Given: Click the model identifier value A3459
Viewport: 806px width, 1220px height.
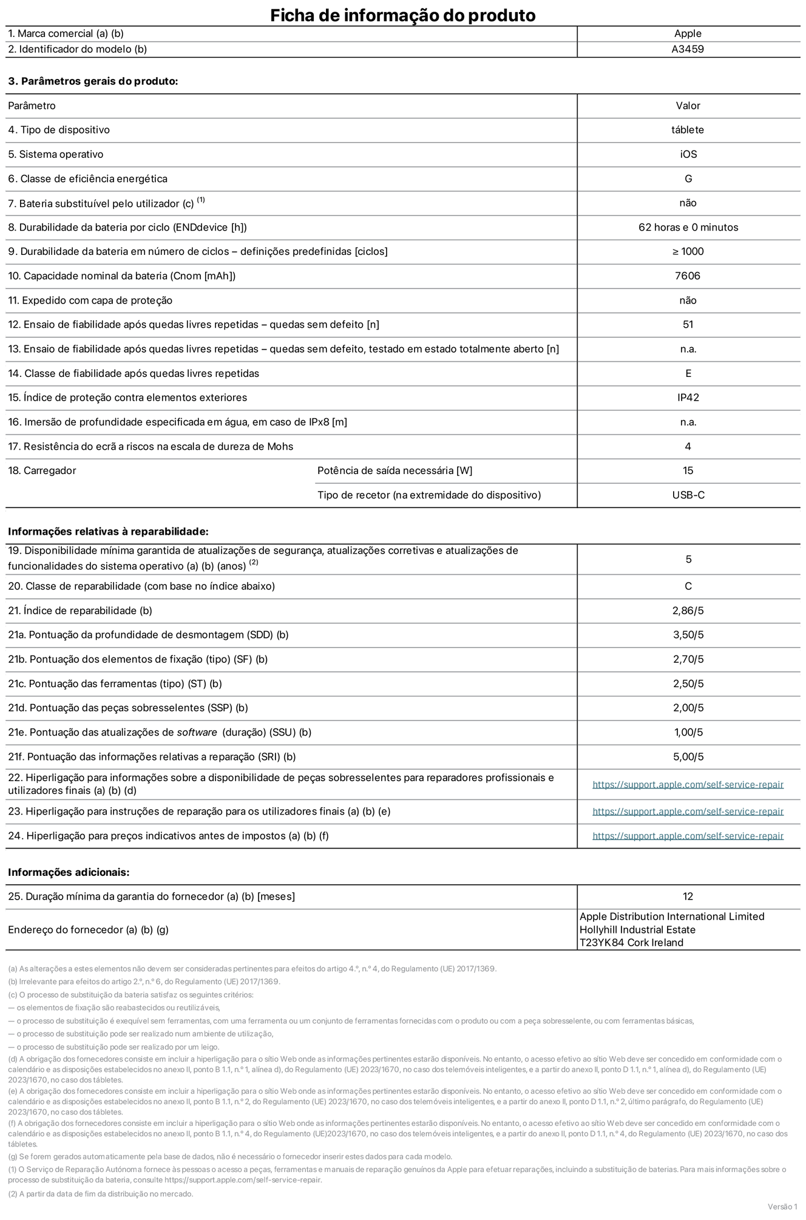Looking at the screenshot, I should tap(688, 49).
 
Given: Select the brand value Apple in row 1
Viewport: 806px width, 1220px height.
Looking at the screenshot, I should tap(688, 34).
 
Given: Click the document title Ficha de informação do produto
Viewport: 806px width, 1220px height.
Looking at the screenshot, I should tap(402, 15).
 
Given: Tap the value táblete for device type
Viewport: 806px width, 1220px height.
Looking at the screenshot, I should tap(688, 130).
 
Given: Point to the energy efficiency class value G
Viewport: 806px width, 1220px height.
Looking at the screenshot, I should tap(688, 178).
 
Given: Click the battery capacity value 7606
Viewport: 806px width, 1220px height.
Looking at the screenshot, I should tap(688, 276).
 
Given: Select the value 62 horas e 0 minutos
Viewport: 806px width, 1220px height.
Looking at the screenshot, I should tap(688, 227).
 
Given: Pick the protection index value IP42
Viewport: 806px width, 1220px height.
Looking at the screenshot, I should tap(688, 398).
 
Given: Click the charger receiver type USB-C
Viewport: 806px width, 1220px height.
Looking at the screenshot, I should tap(688, 495).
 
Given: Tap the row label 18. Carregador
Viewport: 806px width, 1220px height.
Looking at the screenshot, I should tap(42, 470).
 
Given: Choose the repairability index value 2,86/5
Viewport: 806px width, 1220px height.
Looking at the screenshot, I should tap(688, 611).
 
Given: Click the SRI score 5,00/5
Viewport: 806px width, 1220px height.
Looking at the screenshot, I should tap(688, 756).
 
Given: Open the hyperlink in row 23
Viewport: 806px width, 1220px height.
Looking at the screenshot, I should tap(688, 812).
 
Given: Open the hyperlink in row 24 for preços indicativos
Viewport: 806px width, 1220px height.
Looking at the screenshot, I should tap(688, 836).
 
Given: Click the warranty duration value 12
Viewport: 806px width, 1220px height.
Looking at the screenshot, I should tap(688, 896).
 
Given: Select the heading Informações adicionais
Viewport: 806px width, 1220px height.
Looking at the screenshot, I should tap(69, 872).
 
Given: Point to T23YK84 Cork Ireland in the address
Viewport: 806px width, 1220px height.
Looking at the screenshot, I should tap(631, 943).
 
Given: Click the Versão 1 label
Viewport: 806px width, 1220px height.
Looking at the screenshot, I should tap(782, 1206).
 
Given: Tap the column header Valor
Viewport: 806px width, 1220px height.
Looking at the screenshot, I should tap(688, 106).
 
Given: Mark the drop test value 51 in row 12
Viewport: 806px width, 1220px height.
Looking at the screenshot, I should tap(688, 324).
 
